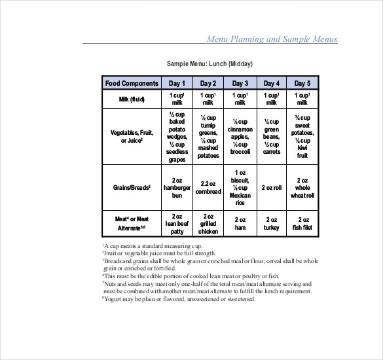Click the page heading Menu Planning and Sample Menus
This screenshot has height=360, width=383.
[272, 39]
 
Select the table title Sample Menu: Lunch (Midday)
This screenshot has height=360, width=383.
[210, 63]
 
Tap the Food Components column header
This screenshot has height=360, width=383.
[132, 83]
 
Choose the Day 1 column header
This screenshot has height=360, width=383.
[177, 83]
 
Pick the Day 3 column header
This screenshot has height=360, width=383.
[240, 83]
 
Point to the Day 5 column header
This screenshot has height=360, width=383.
[302, 83]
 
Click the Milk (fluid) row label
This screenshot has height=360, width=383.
[132, 99]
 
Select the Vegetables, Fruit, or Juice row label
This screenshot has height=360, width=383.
[132, 136]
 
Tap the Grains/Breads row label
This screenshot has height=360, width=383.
[132, 187]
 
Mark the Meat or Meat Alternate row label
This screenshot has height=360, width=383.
[132, 223]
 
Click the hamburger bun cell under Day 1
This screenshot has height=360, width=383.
[177, 187]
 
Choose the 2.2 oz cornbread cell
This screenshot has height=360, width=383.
[208, 187]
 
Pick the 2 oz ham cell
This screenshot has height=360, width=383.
[240, 223]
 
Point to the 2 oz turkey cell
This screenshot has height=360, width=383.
[272, 223]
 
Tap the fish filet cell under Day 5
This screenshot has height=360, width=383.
[302, 223]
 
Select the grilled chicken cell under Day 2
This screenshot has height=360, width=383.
[208, 223]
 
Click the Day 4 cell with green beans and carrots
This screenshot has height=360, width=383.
[272, 136]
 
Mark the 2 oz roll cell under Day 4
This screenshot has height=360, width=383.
[272, 187]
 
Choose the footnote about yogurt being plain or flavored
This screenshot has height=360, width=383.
[179, 299]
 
